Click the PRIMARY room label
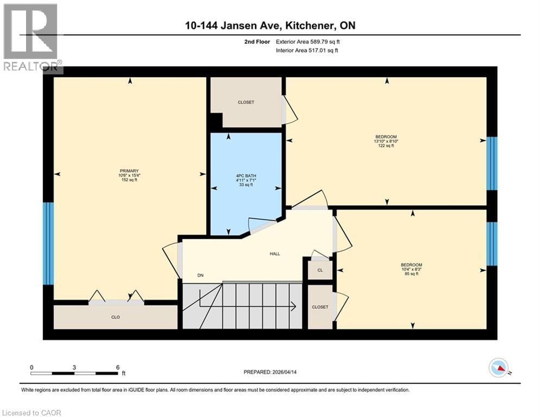[x=129, y=170]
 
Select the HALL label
[x=275, y=254]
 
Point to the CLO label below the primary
[x=116, y=317]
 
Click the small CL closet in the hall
[x=320, y=270]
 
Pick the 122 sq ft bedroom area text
[x=386, y=146]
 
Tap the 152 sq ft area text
[x=129, y=180]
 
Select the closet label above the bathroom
[x=246, y=102]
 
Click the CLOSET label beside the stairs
[x=320, y=307]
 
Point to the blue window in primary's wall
[x=48, y=243]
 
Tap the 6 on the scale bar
[x=118, y=367]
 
